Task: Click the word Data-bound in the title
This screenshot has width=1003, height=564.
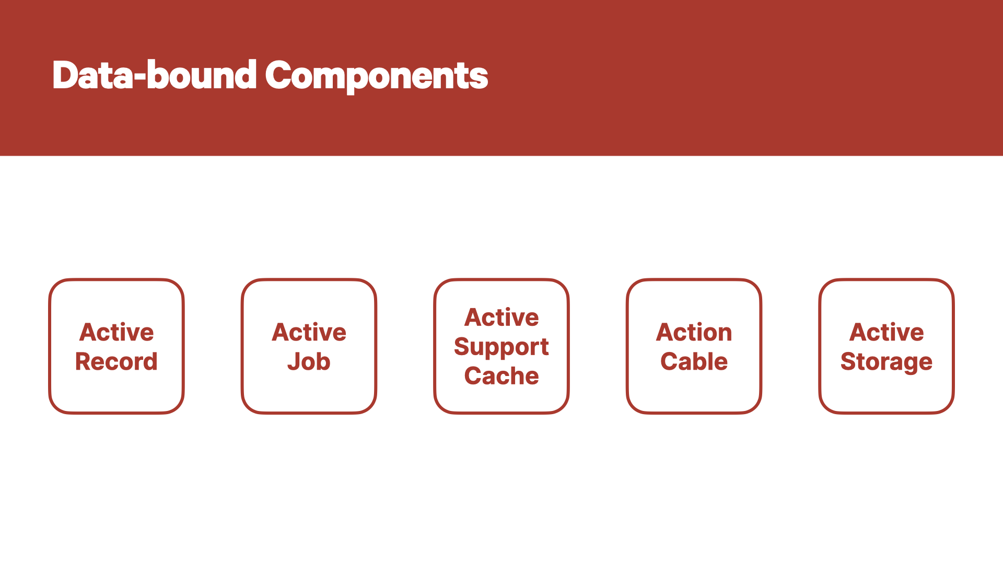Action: point(155,75)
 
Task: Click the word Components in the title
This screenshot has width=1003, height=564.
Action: point(377,76)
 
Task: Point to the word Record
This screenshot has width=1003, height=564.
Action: point(116,361)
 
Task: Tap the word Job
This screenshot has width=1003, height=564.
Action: point(309,361)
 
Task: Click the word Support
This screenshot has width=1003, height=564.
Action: point(501,348)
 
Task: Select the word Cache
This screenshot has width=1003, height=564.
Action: point(501,376)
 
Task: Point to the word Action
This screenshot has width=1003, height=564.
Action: point(694,332)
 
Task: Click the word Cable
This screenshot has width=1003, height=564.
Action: point(694,361)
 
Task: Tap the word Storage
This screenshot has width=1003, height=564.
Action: point(887,362)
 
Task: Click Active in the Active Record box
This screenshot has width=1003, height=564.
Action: point(116,332)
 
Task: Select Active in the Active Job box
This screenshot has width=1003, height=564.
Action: point(309,332)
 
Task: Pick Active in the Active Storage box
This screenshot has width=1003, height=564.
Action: point(887,332)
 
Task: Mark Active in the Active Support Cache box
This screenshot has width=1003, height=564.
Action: point(501,318)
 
